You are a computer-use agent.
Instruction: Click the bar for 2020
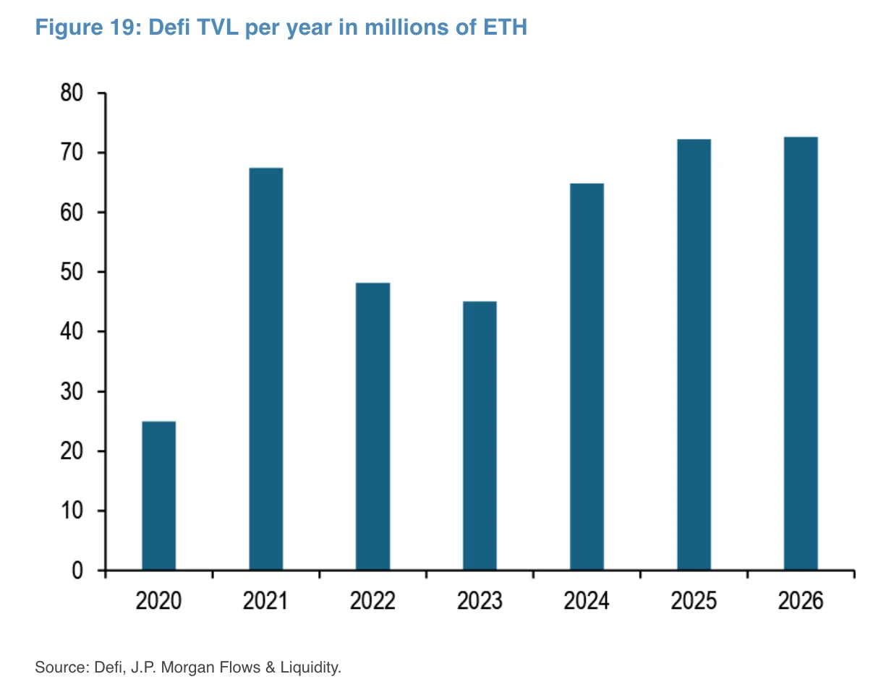pos(158,495)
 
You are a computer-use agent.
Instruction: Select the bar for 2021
pos(265,369)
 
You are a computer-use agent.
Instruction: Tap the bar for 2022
pos(372,426)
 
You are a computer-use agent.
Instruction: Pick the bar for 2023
pos(480,435)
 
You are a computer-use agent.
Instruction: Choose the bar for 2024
pos(587,377)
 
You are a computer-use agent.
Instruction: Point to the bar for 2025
pos(694,354)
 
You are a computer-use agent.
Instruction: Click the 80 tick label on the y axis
pos(72,93)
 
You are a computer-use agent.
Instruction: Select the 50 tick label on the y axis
pos(72,272)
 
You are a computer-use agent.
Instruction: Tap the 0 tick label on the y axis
pos(78,571)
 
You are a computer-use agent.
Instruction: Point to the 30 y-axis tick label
pos(72,391)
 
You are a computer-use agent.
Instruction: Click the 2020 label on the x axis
pos(158,601)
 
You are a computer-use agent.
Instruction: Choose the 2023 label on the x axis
pos(480,601)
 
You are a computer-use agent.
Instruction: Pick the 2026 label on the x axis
pos(801,601)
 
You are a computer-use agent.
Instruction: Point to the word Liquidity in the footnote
pos(312,666)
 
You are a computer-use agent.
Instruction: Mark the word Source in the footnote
pos(61,666)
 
